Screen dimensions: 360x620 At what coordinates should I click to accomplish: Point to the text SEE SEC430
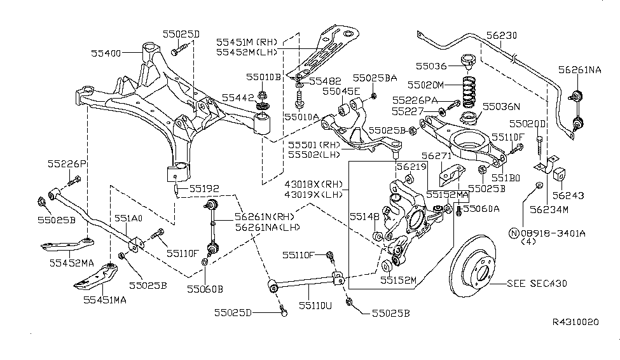coord(537,284)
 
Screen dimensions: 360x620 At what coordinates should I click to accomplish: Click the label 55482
coord(326,81)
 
